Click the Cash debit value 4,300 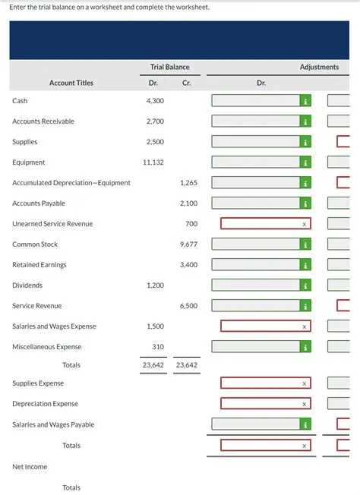click(x=155, y=100)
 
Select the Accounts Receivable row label click(x=43, y=121)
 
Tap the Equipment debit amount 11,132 click(x=153, y=162)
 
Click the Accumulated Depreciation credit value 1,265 click(x=188, y=183)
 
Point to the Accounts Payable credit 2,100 click(x=188, y=203)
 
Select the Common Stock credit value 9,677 click(x=188, y=244)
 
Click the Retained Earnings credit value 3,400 click(x=188, y=265)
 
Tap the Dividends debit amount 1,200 click(x=155, y=285)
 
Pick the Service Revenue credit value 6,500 click(x=188, y=306)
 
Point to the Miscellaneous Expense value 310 click(x=158, y=347)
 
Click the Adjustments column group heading click(x=319, y=68)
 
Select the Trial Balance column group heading click(x=171, y=68)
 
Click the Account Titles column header click(x=71, y=83)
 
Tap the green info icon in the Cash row click(x=304, y=100)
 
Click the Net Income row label click(x=30, y=466)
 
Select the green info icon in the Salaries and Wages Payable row click(x=304, y=424)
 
